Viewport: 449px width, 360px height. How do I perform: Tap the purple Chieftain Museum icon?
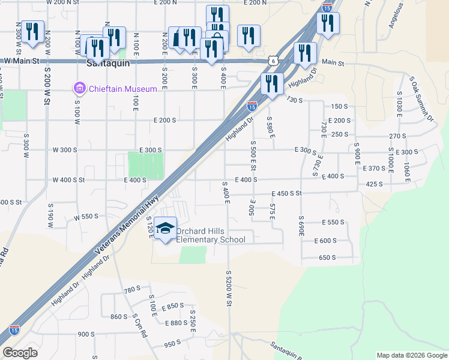tap(79, 89)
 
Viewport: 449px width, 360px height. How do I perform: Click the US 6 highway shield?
tap(273, 61)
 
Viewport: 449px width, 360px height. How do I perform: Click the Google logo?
tap(20, 353)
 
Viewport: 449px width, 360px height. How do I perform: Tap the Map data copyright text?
tap(411, 355)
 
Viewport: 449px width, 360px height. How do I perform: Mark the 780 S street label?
tap(131, 290)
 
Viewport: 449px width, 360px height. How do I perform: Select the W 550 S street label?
tap(86, 217)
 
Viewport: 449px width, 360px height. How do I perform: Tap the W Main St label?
tap(21, 61)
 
